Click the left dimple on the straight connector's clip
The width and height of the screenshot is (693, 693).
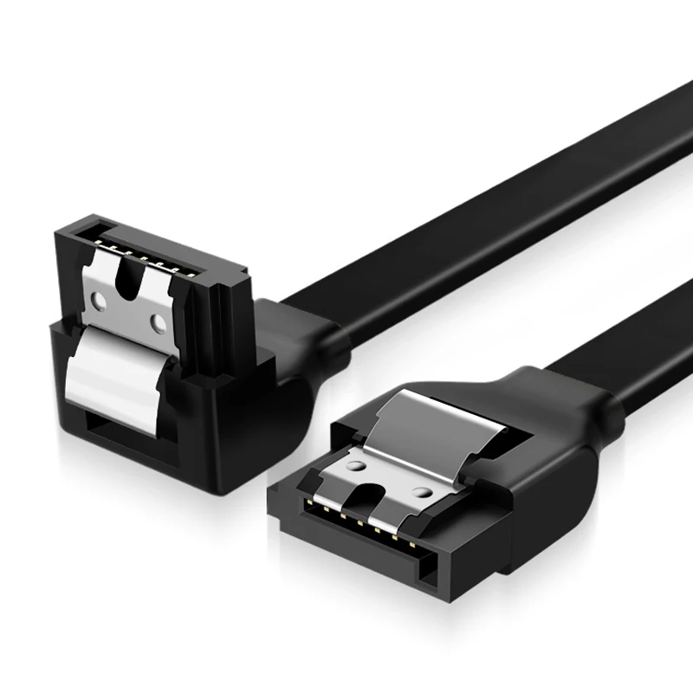coord(353,465)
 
